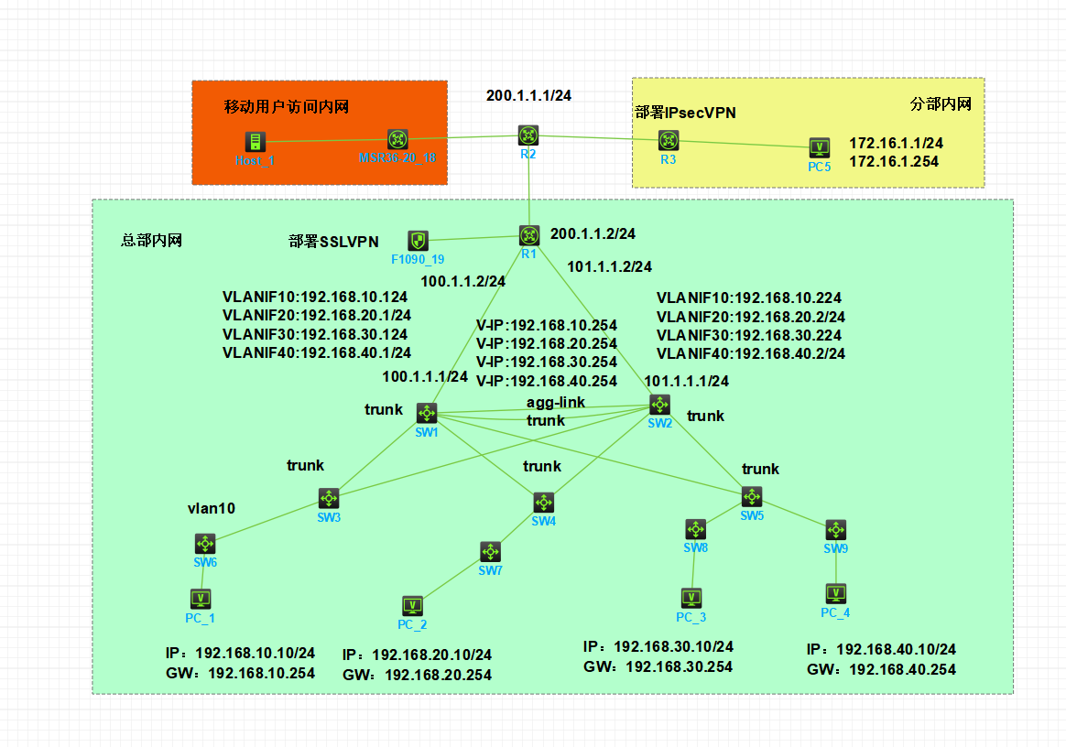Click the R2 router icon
[528, 135]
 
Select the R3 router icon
[669, 140]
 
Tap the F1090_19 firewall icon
[418, 241]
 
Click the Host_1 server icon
[255, 141]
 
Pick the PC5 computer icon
[820, 147]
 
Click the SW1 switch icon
[427, 413]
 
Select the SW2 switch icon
[659, 404]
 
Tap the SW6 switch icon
[205, 543]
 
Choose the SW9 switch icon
[835, 530]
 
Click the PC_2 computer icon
[412, 606]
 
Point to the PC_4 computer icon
[835, 593]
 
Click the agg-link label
[555, 403]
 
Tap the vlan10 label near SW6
[212, 509]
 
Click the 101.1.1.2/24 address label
[610, 267]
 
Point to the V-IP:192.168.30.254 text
[547, 363]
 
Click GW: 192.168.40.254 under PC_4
[881, 669]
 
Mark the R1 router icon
[529, 235]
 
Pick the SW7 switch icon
[490, 552]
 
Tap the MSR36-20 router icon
[397, 140]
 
